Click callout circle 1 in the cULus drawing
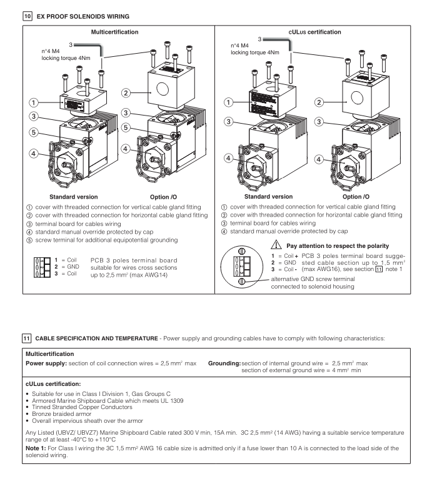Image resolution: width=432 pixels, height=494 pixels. (x=231, y=102)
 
